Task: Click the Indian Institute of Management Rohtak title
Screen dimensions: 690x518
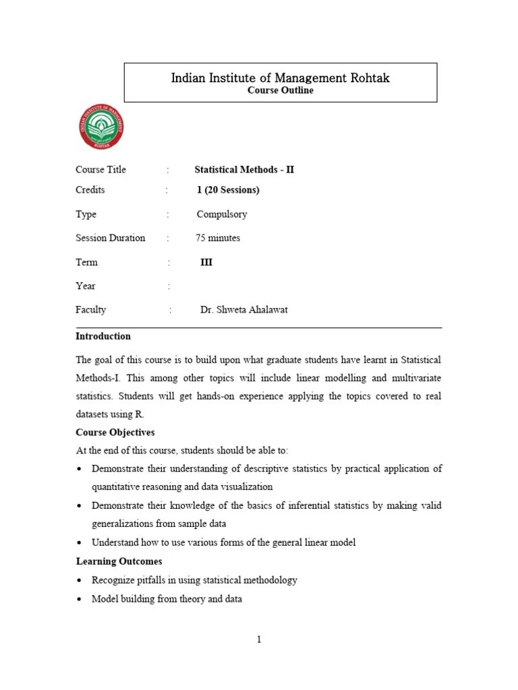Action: pos(281,78)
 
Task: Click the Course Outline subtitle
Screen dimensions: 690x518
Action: pos(281,90)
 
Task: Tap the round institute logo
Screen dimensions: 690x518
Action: pos(102,128)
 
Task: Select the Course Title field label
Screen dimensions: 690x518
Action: pos(100,170)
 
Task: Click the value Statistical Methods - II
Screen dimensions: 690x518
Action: pos(244,170)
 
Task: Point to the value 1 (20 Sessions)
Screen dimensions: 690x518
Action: pos(228,190)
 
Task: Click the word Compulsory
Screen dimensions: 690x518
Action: pos(222,214)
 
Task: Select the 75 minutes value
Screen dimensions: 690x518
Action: pos(218,238)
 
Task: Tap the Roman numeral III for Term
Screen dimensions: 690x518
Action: pos(206,262)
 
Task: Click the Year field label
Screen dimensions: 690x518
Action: pos(86,286)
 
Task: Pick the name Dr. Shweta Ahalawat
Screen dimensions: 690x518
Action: pos(244,310)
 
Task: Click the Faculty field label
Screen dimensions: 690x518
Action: pos(91,310)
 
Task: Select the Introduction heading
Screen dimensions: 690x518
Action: pos(103,336)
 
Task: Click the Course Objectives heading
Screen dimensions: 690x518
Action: pos(115,432)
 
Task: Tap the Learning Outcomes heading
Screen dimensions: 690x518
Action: pos(119,561)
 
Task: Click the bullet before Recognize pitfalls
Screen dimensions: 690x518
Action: pos(80,580)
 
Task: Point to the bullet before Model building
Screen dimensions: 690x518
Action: pos(80,599)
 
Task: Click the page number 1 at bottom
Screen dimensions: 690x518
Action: pos(258,639)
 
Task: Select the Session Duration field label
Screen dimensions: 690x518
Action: pos(111,238)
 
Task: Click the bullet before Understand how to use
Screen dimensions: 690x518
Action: pos(80,543)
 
